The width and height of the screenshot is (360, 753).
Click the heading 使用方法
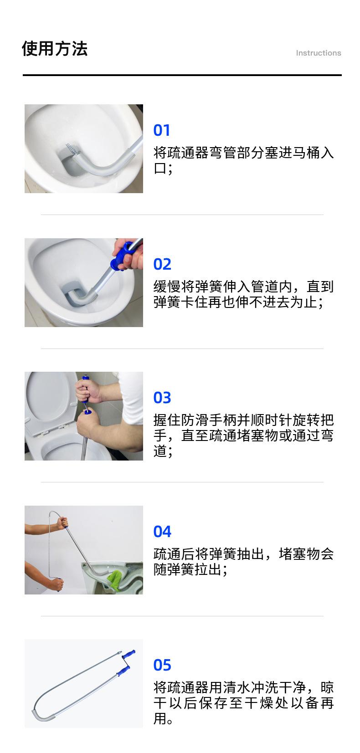[x=54, y=48]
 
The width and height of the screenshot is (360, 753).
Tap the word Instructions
[x=319, y=53]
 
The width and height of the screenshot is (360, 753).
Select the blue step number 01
[x=162, y=130]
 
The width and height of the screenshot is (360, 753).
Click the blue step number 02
[x=162, y=264]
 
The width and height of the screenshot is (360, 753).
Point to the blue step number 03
[x=162, y=398]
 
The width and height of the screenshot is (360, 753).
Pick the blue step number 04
[x=162, y=532]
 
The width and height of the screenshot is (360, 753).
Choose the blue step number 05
[x=162, y=665]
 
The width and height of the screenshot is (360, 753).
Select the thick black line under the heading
[x=182, y=75]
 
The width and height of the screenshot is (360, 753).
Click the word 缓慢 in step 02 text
[x=167, y=287]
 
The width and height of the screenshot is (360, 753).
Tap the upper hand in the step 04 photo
[x=63, y=522]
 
